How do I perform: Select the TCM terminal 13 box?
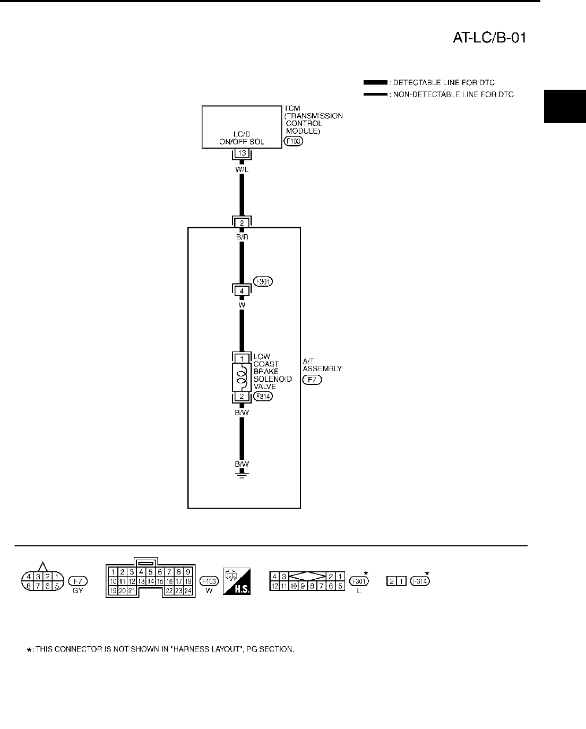point(242,153)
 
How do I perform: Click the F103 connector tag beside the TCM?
point(293,141)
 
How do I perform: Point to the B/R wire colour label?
point(242,237)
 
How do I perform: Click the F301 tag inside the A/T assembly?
point(262,282)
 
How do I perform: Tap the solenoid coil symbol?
point(242,377)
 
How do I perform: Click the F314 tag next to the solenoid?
point(263,396)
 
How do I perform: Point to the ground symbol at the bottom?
point(242,474)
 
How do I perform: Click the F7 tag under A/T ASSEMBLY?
point(312,380)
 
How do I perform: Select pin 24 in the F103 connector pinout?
point(187,590)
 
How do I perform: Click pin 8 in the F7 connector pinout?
point(29,586)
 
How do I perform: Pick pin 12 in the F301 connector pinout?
point(275,586)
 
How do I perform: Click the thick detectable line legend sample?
point(375,83)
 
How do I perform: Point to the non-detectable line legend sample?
point(375,94)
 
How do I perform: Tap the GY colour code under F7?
point(78,591)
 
